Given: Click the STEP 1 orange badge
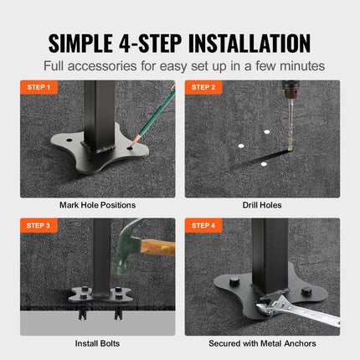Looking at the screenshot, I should click(39, 87).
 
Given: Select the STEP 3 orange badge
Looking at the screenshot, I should click(39, 225).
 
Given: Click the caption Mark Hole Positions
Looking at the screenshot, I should click(97, 204).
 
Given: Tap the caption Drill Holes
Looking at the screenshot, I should click(261, 204).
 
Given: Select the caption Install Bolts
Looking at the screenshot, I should click(97, 343).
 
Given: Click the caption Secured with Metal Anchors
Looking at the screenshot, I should click(261, 343).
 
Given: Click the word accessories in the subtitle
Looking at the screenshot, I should click(146, 65).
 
